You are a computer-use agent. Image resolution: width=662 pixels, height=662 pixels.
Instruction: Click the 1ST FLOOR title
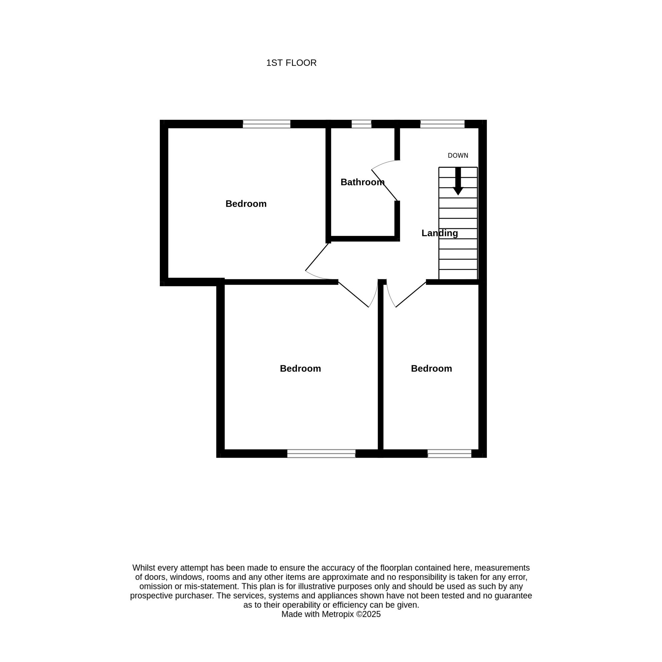[291, 63]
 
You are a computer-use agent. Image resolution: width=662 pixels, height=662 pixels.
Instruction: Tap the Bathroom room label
[362, 182]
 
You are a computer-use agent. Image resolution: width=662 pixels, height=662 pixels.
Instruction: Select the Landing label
[440, 233]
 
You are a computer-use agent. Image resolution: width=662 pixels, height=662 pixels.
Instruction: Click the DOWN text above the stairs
[458, 155]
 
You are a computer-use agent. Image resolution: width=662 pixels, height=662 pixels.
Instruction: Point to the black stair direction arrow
[458, 181]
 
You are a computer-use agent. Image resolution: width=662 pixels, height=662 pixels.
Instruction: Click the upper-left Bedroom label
[246, 204]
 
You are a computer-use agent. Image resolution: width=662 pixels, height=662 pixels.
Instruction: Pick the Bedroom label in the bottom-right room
[431, 368]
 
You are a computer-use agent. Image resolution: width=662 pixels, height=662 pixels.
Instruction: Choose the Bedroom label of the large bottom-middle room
[301, 368]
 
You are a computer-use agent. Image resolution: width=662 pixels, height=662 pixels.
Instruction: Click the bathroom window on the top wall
[361, 124]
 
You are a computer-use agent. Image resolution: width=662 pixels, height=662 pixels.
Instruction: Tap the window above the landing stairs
[442, 124]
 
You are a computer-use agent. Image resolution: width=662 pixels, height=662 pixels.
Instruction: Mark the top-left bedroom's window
[267, 124]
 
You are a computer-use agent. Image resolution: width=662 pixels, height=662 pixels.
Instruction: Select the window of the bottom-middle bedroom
[321, 453]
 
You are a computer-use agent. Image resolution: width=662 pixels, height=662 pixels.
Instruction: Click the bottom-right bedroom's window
[449, 453]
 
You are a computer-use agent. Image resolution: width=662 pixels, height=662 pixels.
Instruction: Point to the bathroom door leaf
[384, 185]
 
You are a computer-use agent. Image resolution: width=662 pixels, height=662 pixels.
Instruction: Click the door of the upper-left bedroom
[317, 257]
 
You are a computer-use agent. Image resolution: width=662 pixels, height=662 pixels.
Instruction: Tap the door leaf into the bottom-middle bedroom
[353, 294]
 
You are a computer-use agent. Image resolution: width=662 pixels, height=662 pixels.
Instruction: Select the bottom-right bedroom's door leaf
[411, 295]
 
